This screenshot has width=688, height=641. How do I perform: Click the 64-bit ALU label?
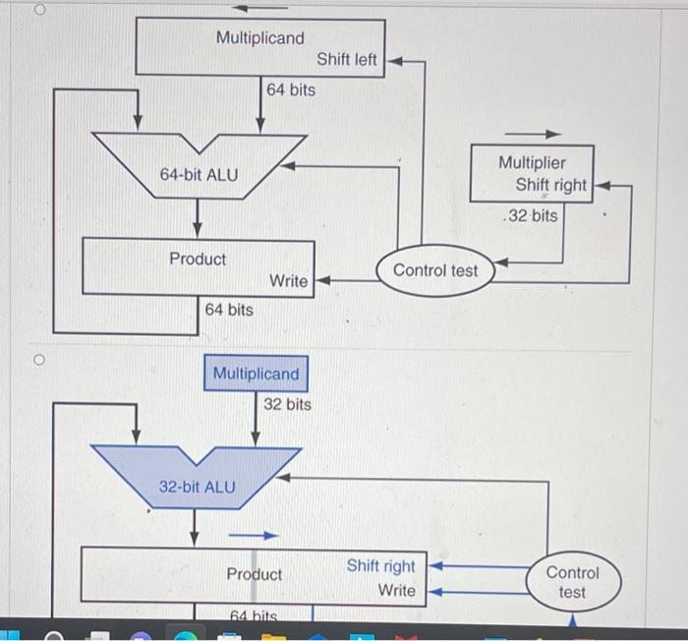point(199,175)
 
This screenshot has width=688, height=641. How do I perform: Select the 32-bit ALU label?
point(197,487)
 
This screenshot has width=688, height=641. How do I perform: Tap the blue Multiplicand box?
point(256,374)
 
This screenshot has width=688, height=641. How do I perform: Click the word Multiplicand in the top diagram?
point(259,37)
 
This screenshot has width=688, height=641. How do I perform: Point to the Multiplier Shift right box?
point(532,173)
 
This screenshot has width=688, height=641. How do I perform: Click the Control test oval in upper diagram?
point(435,270)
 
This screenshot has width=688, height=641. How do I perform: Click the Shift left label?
point(346,60)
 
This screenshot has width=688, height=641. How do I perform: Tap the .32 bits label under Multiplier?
point(530,215)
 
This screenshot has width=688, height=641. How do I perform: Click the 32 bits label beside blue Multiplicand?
point(287,404)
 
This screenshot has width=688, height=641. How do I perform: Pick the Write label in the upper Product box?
point(288,281)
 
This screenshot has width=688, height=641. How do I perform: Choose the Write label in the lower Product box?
point(396,591)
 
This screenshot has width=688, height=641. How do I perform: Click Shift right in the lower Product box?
point(380,566)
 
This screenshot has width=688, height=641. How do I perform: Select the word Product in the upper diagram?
point(197,259)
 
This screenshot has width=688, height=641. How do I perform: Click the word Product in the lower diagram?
point(254,574)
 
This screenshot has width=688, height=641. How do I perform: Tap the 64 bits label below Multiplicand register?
point(291,89)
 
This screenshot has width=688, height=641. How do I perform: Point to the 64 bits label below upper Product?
point(228,310)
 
